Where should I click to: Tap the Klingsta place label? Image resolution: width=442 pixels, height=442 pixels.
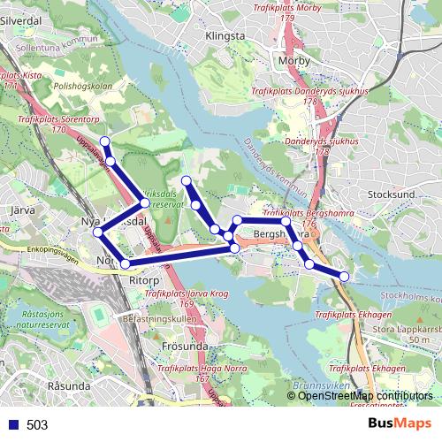coord(224,36)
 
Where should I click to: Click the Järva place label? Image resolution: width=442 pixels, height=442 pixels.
coord(31,211)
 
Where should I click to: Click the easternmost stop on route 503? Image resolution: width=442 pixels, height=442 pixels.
coord(344,277)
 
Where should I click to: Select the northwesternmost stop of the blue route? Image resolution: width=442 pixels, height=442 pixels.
coord(105,141)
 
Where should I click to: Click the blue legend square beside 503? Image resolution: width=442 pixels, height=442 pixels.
coord(13,424)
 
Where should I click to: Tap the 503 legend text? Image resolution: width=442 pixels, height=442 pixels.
coord(37,425)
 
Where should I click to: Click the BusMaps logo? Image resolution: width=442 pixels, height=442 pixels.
coord(400,423)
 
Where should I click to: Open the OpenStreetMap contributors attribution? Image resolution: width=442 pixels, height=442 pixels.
coord(364,396)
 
